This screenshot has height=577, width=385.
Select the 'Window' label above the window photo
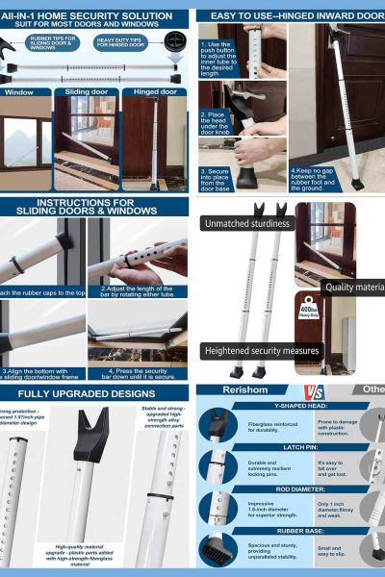19,92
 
